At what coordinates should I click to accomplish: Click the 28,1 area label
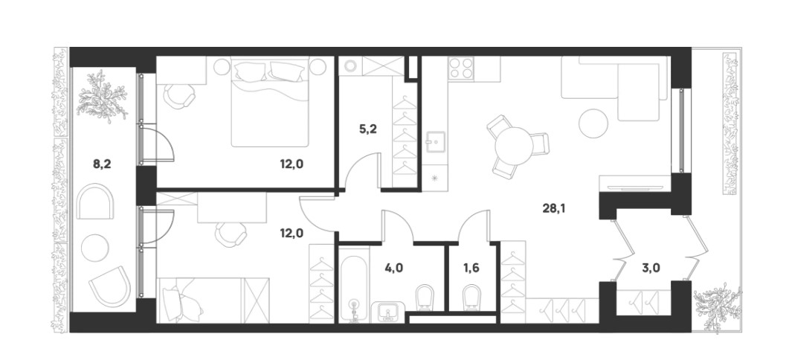tap(554, 208)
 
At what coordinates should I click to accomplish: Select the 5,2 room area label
tap(368, 129)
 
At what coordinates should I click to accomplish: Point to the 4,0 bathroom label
tap(394, 267)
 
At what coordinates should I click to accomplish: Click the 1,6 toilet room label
tap(471, 267)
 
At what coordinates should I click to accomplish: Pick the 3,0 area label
tap(651, 267)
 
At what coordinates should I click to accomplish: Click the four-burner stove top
tap(461, 68)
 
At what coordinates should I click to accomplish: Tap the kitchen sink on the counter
tap(434, 142)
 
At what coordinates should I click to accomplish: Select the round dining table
tap(513, 146)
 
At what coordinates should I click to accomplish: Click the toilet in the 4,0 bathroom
tap(425, 298)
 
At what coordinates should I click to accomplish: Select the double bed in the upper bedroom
tap(270, 102)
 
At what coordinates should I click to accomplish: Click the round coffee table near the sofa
tap(593, 123)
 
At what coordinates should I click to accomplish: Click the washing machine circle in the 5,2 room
tap(350, 66)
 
